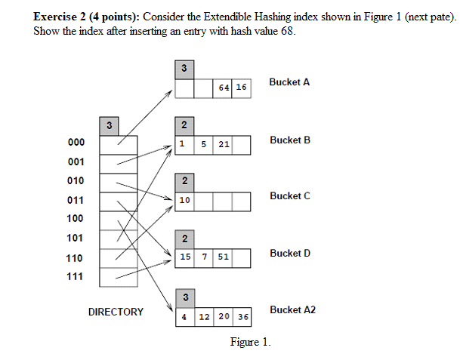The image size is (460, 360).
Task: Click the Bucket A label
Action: point(289,82)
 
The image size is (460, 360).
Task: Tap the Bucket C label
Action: point(289,196)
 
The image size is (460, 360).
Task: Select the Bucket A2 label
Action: point(292,310)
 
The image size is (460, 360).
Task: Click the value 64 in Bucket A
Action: point(223,88)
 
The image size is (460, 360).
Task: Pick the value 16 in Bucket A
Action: point(241,88)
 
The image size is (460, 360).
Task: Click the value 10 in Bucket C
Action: point(184,201)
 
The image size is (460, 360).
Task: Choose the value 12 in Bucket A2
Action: point(204,315)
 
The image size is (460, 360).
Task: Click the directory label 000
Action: point(76,143)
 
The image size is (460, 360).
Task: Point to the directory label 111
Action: point(76,277)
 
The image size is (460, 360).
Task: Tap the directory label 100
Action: point(76,219)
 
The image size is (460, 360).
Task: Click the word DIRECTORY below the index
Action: point(116,312)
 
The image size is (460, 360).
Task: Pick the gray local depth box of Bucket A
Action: point(184,69)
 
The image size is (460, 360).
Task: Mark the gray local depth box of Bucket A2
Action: point(184,297)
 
